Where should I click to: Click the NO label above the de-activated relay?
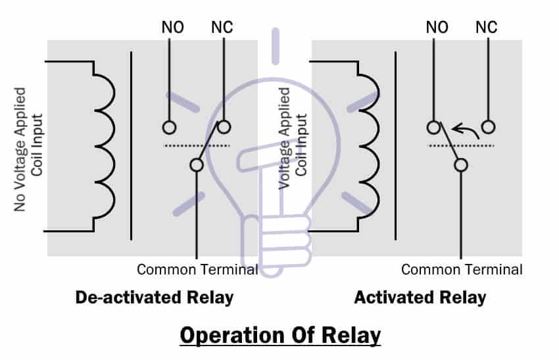tap(172, 28)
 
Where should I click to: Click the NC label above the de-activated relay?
tap(222, 28)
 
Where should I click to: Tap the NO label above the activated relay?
tap(437, 28)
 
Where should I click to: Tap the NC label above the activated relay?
tap(486, 28)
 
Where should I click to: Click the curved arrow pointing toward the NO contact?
tap(467, 128)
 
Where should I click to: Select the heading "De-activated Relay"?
tap(155, 297)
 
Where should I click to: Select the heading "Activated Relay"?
tap(420, 297)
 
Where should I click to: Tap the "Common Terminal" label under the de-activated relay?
tap(197, 270)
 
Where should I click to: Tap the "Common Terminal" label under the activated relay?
tap(462, 270)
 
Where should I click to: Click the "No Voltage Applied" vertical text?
tap(20, 149)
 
